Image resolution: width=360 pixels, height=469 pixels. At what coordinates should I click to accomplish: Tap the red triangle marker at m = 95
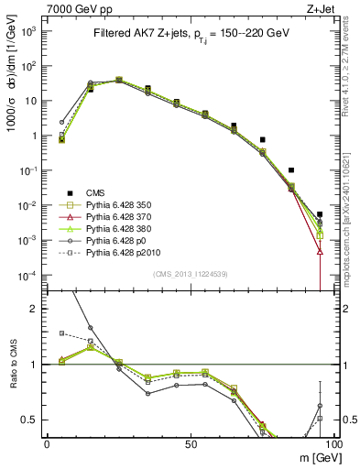(320, 250)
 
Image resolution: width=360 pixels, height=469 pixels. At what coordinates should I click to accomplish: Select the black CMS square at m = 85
(291, 170)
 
